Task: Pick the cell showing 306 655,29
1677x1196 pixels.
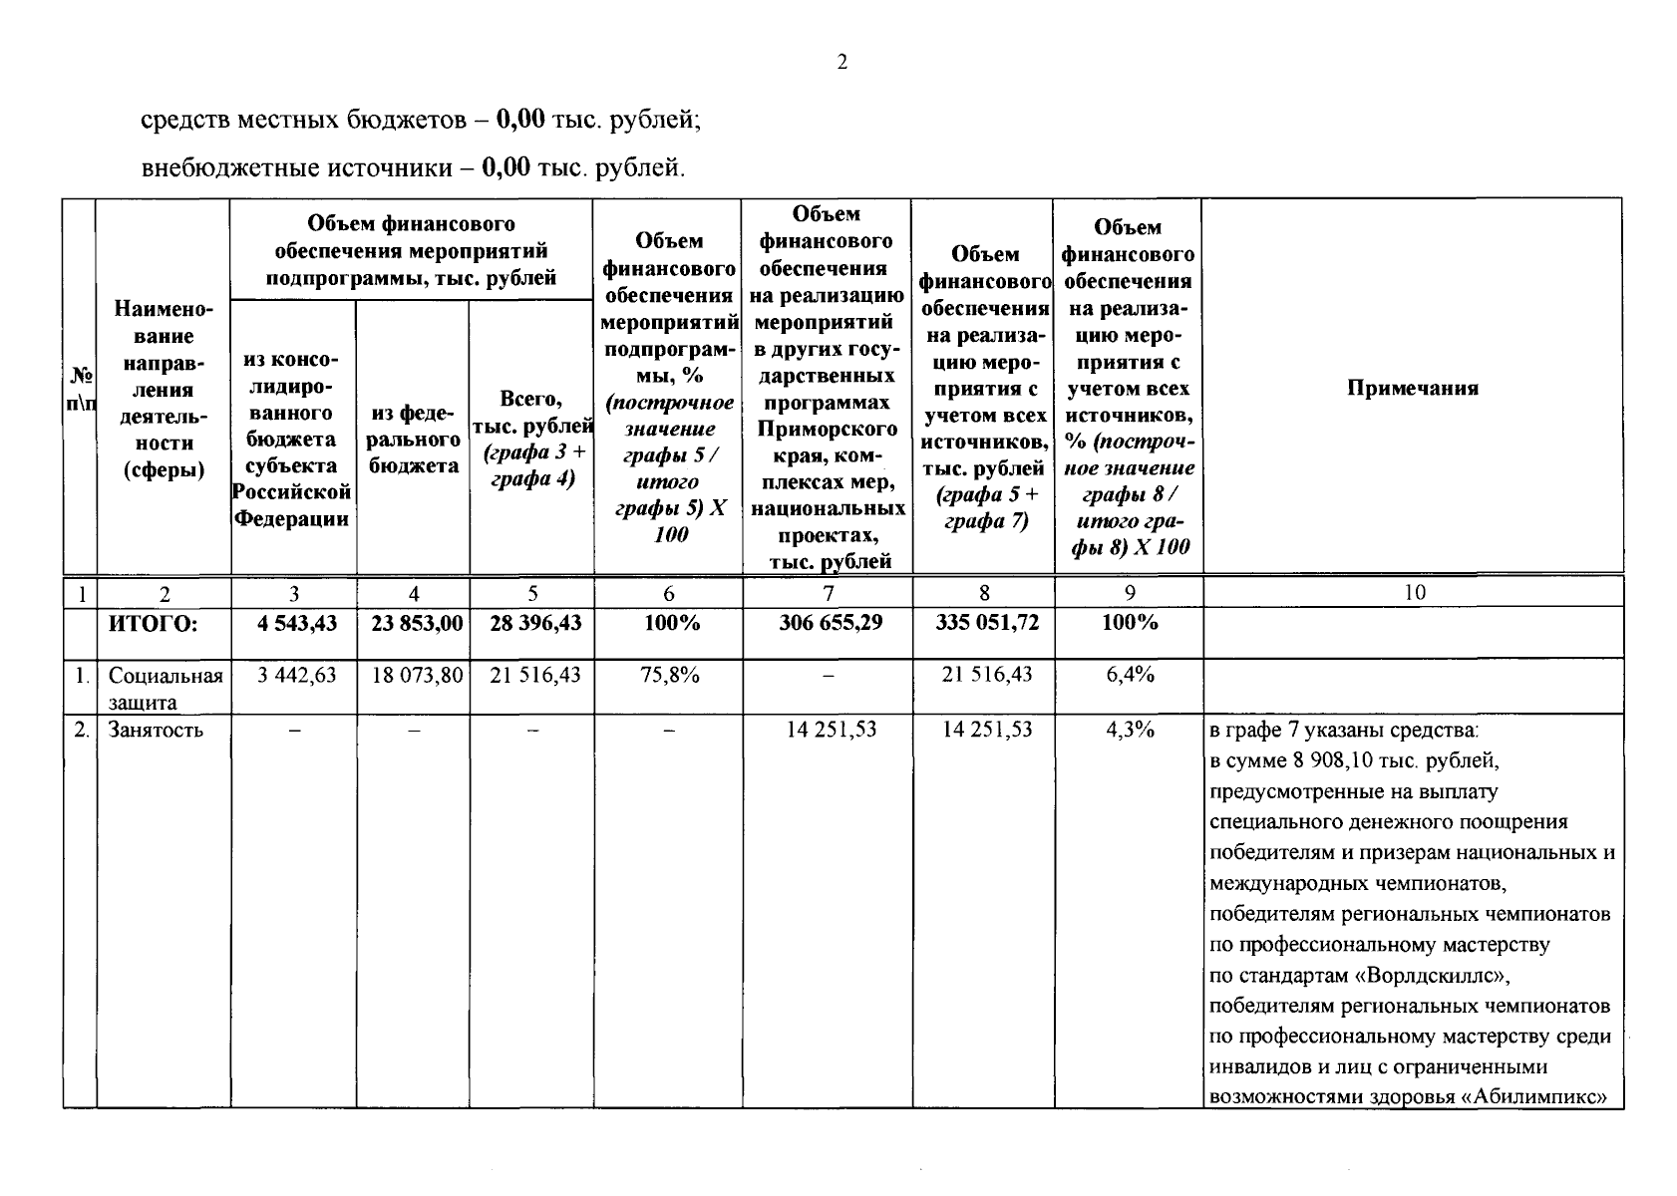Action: (828, 623)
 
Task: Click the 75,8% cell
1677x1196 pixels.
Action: (669, 675)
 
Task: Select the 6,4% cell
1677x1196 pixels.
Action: (1130, 675)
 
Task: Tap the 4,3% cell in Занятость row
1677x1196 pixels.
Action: (1130, 730)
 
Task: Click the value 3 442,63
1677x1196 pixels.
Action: (296, 675)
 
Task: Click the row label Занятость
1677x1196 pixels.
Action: (156, 730)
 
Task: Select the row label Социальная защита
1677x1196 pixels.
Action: (165, 688)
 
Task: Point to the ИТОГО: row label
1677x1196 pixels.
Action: (154, 624)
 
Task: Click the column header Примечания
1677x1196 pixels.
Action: (1412, 389)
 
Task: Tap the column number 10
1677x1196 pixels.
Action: (1414, 593)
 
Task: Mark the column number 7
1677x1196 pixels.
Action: (828, 593)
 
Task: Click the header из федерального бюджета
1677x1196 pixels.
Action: (413, 440)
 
